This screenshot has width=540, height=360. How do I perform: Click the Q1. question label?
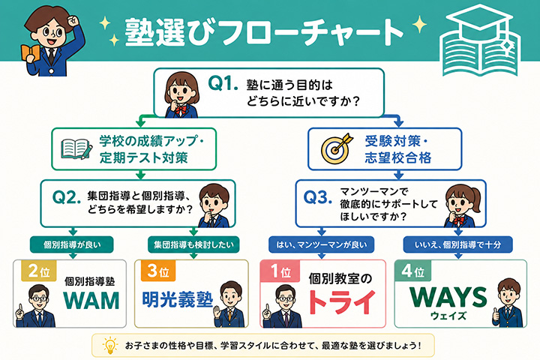point(223,83)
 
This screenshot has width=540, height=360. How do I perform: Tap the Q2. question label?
point(67,197)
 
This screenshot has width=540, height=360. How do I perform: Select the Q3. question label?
point(317,197)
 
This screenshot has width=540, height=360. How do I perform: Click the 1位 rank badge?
point(280,271)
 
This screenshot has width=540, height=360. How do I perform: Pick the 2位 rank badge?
point(38,271)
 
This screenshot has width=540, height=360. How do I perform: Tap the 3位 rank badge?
point(158,271)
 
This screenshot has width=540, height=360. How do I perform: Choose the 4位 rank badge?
point(412,271)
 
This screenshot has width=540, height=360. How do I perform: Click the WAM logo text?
point(91,300)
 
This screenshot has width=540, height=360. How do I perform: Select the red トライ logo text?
point(341,302)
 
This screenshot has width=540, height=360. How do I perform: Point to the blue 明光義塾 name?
point(177,299)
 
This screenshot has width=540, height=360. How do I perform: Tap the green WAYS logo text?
point(448,297)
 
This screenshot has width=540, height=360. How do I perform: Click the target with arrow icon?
point(337,148)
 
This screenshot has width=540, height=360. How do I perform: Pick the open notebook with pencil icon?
point(76,148)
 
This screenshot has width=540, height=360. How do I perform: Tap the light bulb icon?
point(110,345)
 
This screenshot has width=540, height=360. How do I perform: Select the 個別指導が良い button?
point(72,245)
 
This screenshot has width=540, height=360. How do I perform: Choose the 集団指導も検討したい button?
point(193,245)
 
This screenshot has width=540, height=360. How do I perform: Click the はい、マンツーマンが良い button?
point(321,245)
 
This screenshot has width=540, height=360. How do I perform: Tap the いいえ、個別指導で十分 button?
point(457,245)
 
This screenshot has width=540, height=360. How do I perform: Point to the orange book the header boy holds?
point(30,54)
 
